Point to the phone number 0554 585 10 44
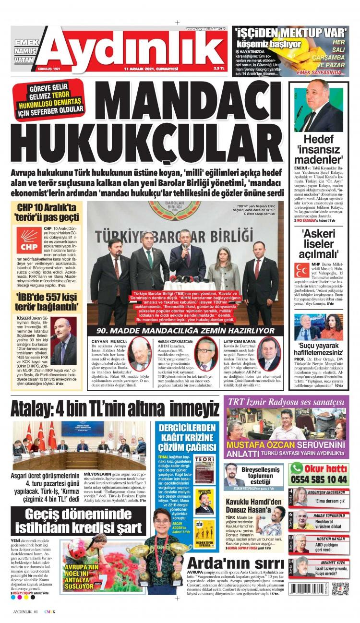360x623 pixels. click(x=319, y=479)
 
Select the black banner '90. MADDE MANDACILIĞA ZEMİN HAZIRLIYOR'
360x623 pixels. click(x=185, y=331)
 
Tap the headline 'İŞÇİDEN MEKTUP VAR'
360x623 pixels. click(x=291, y=33)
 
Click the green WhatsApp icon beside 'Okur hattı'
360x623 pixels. click(x=297, y=467)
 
